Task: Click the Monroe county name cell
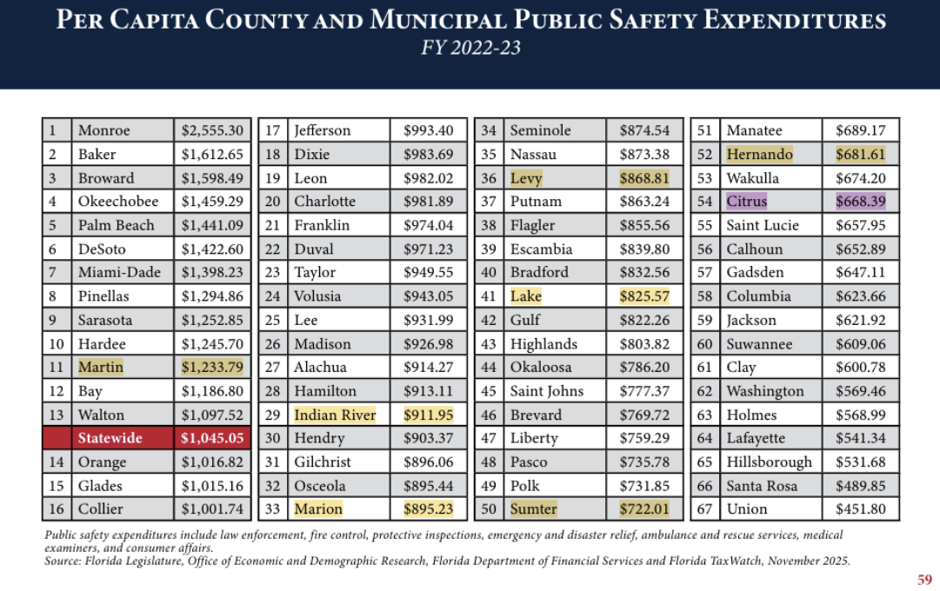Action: point(104,131)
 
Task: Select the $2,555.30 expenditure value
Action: point(213,131)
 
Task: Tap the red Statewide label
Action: point(110,438)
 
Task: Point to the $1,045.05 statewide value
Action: point(213,438)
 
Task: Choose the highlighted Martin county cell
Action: point(101,367)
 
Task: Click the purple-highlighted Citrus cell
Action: point(747,202)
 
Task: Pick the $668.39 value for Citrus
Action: point(860,202)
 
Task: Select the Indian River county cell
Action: point(335,415)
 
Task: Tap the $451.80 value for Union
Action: point(860,509)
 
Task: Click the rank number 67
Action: point(704,509)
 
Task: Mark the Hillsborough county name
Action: point(769,462)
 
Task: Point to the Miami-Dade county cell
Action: point(119,272)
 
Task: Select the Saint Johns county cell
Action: point(547,391)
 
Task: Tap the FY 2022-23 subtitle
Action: point(470,48)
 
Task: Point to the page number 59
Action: point(924,579)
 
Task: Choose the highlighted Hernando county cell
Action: point(759,155)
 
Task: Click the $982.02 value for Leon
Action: point(429,178)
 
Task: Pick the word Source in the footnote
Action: point(63,561)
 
